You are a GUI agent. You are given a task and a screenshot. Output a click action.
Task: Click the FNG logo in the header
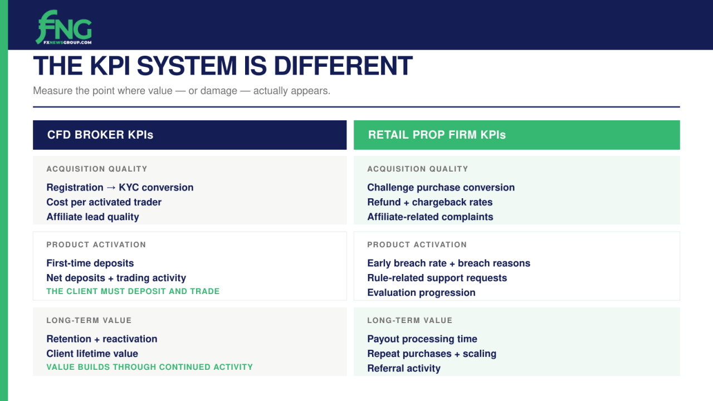[64, 27]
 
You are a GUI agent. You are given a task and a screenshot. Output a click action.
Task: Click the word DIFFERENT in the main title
[343, 66]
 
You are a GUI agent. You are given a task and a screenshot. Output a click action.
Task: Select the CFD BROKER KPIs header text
[100, 135]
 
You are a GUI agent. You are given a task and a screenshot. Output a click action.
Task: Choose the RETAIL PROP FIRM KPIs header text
[437, 135]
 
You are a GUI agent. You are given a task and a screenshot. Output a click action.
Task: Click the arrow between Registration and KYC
[111, 188]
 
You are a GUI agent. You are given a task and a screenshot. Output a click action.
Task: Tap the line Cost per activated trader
[104, 202]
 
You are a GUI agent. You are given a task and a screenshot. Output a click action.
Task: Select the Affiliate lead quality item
[92, 217]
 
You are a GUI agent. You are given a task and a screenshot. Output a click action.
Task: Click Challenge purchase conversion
[441, 188]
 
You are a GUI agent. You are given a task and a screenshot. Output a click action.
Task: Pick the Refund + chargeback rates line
[429, 202]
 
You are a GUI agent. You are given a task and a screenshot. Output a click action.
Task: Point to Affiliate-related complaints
[430, 217]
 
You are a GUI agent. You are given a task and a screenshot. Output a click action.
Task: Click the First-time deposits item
[90, 263]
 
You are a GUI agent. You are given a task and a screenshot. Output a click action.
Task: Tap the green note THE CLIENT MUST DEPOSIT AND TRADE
[133, 291]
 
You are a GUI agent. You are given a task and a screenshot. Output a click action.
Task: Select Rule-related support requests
[437, 278]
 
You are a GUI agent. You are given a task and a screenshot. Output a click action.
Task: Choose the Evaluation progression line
[421, 292]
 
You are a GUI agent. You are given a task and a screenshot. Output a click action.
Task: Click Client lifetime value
[92, 354]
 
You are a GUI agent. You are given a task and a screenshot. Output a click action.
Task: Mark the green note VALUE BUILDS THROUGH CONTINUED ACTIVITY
[150, 367]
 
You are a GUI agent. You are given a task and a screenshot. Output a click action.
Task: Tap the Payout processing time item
[422, 339]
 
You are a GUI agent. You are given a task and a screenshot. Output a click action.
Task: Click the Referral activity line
[404, 368]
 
